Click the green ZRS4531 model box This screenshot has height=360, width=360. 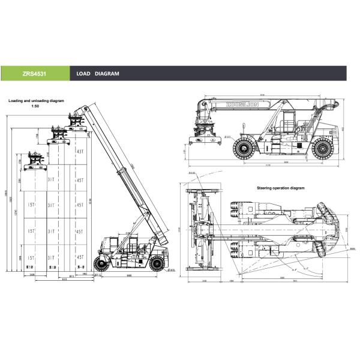pyautogui.click(x=35, y=74)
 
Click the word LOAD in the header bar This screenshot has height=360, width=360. pyautogui.click(x=83, y=74)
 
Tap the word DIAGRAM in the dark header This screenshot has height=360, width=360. pyautogui.click(x=107, y=74)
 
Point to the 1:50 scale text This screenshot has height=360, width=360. pyautogui.click(x=35, y=106)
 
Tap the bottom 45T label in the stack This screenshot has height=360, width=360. pyautogui.click(x=80, y=256)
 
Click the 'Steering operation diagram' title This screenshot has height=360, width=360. pyautogui.click(x=281, y=188)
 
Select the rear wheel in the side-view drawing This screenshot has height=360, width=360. pyautogui.click(x=322, y=147)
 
